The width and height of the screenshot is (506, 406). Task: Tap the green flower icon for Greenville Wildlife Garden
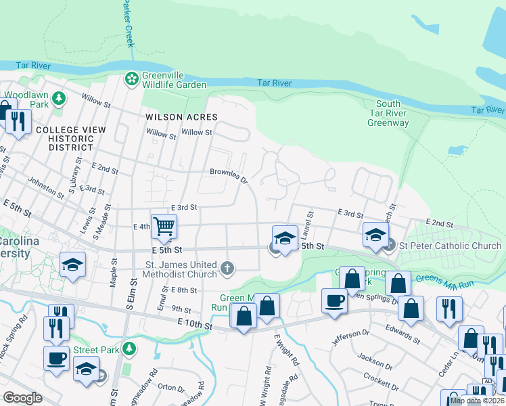click(131, 80)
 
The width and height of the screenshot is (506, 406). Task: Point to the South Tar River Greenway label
click(388, 113)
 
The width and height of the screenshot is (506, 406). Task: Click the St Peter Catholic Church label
click(450, 245)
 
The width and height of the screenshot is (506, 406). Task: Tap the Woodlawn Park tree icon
click(59, 99)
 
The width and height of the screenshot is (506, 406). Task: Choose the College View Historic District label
click(65, 138)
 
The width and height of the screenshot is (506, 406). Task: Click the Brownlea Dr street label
click(229, 176)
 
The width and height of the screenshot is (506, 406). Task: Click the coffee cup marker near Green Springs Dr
click(333, 300)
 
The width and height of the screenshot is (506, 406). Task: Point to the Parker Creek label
click(127, 24)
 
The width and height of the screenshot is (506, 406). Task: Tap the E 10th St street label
click(195, 326)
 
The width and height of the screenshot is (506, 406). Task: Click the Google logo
click(22, 398)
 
